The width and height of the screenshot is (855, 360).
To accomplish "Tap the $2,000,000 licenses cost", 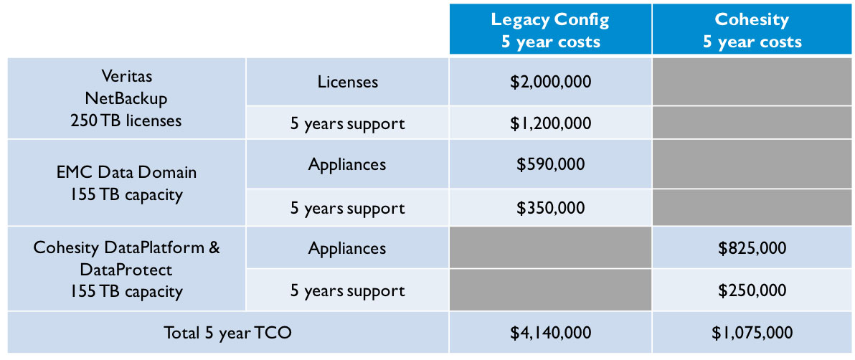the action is pos(551,82).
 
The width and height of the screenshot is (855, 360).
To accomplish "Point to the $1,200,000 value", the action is pos(551,123).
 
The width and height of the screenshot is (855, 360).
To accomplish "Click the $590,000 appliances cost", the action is pos(551,164).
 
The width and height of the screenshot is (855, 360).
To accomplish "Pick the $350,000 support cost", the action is pos(551,208).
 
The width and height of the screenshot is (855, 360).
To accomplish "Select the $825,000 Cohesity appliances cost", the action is pos(752,248).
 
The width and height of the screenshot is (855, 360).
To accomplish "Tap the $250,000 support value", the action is pos(752,290).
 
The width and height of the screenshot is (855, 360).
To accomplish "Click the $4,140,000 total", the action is pos(551,332).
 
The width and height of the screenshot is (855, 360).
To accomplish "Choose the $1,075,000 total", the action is pos(752,332).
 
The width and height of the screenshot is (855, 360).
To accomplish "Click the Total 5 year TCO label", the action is pos(228,332).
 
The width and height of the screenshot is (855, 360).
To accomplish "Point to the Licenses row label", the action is pos(348,82).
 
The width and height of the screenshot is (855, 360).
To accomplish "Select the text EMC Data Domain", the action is pos(126,173).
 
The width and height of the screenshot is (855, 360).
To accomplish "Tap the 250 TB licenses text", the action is pos(126,120).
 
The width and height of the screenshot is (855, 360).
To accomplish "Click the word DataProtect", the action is pos(126,270).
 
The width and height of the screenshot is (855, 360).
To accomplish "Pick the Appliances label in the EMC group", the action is pos(348,164).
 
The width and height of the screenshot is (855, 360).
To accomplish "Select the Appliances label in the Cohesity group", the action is pos(348,249).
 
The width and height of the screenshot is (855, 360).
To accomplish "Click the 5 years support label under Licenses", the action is pos(348,124).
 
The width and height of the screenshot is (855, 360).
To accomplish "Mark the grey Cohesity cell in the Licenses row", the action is pos(753,82).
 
